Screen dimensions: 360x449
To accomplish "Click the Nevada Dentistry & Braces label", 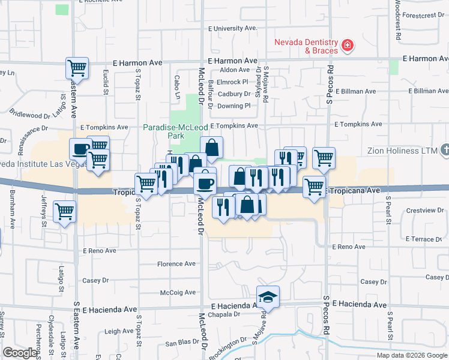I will [x=305, y=46].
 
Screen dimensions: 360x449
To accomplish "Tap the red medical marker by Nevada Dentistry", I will [x=347, y=45].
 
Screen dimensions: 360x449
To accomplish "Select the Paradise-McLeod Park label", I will [x=171, y=131].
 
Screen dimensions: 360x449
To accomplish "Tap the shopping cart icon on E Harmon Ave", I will [x=77, y=68].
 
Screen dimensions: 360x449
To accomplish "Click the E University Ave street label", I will [x=232, y=28].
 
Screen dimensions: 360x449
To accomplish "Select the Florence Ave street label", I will [x=176, y=264].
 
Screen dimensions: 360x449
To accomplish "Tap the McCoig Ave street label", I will [x=178, y=293].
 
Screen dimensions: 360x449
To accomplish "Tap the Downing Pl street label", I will [x=233, y=106].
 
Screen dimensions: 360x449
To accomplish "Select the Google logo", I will [x=20, y=353].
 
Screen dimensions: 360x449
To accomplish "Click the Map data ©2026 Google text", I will [x=411, y=355].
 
